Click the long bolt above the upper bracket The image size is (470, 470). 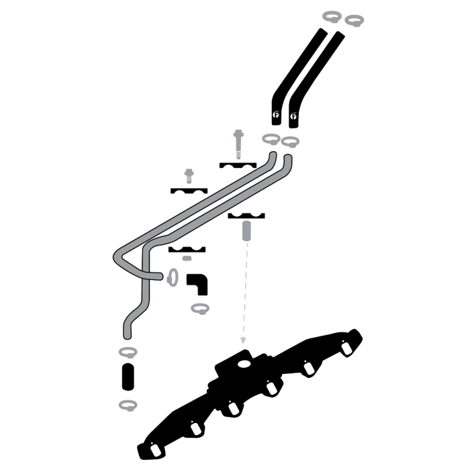click(238, 143)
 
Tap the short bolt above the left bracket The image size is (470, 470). click(189, 176)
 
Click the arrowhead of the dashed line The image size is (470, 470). click(244, 344)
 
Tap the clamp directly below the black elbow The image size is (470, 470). click(199, 308)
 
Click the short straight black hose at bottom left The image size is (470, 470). click(127, 378)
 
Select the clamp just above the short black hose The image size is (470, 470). click(127, 353)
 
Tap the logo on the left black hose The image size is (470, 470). click(276, 117)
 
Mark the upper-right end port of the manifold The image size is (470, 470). click(346, 349)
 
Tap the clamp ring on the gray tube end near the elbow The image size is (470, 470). click(172, 277)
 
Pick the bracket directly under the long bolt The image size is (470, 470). click(238, 164)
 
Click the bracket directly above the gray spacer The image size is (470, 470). click(246, 216)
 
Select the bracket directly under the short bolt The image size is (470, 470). click(189, 191)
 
